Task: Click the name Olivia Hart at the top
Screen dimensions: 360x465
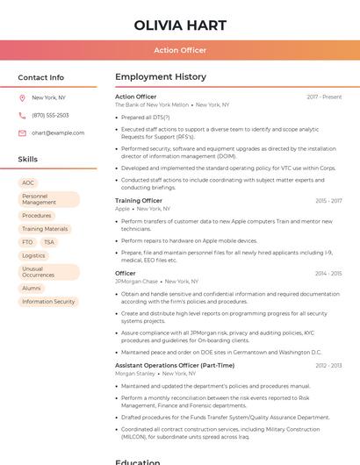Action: click(180, 25)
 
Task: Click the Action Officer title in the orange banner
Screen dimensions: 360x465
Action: click(180, 50)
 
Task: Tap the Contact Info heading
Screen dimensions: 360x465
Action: click(41, 77)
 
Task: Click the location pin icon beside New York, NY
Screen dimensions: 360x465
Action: click(22, 97)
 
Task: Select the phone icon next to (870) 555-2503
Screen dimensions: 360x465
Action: click(22, 115)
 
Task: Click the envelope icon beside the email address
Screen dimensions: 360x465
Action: click(22, 133)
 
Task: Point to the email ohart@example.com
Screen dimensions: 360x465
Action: click(58, 133)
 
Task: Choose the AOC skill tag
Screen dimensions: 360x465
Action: click(28, 183)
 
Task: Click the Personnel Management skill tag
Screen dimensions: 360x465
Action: click(48, 199)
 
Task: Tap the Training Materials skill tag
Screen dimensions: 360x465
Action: click(45, 229)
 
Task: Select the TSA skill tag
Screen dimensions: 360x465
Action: click(49, 242)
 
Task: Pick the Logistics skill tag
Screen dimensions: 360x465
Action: click(33, 255)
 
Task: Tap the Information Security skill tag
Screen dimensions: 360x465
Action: click(48, 302)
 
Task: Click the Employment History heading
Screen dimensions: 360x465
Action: click(161, 77)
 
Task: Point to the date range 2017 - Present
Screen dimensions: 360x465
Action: click(324, 97)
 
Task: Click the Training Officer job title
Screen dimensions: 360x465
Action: click(139, 201)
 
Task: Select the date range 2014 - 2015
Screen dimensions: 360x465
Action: click(328, 274)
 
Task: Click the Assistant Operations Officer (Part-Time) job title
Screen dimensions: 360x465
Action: click(175, 365)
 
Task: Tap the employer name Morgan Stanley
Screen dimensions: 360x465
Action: click(134, 373)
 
